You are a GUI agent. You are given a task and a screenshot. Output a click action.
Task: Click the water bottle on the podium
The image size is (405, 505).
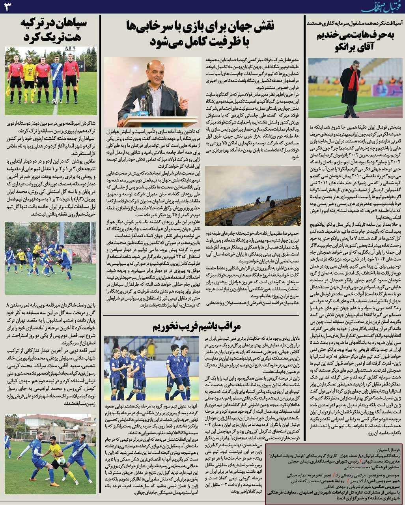pyautogui.click(x=143, y=103)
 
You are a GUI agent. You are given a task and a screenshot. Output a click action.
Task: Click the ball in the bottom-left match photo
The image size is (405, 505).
pyautogui.click(x=62, y=461)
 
